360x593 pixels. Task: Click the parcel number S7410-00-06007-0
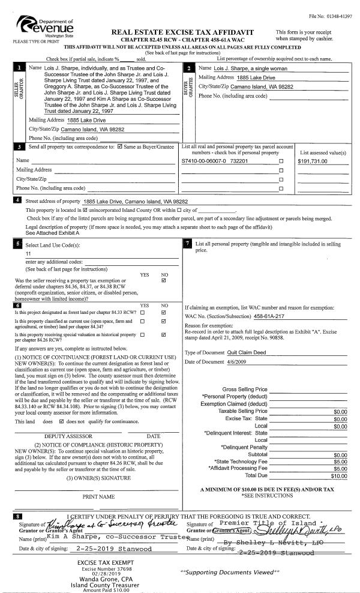pyautogui.click(x=202, y=161)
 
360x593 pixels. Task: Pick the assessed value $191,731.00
pyautogui.click(x=317, y=161)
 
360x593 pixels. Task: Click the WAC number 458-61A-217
pyautogui.click(x=271, y=316)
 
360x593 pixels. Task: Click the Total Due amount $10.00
pyautogui.click(x=339, y=476)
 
